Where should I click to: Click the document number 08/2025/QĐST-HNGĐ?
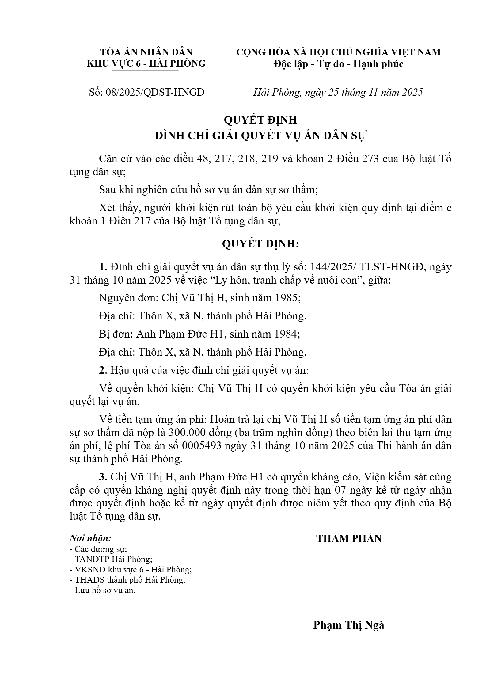point(155,92)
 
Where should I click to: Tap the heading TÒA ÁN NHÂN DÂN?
point(146,52)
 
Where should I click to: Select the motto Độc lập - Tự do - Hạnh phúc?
point(338,64)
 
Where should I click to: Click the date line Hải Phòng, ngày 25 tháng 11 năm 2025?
point(338,92)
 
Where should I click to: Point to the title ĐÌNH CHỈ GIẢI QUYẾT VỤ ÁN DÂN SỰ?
point(260,136)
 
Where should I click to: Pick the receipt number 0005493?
point(202,446)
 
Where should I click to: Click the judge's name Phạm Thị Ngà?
point(348,625)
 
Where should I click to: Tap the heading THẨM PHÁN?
point(349,539)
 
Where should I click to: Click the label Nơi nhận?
point(90,538)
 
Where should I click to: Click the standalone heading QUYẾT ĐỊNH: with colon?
point(260,244)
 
